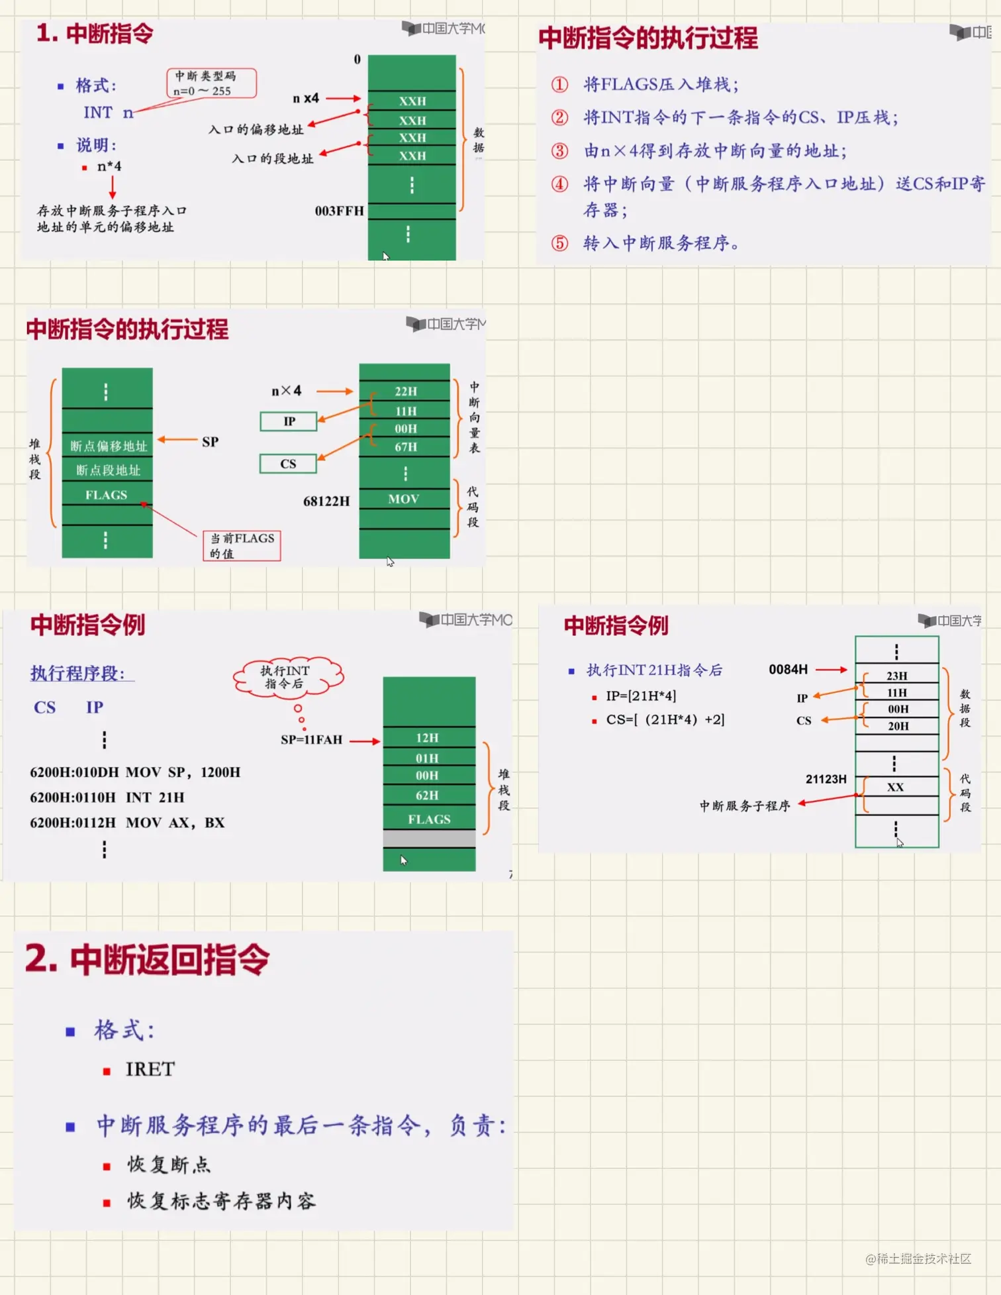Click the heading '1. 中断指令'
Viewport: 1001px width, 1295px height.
(95, 33)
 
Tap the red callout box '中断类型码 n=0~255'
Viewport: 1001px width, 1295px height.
(211, 83)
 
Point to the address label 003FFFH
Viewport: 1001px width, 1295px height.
(339, 211)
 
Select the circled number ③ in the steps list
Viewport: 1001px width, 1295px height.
(559, 151)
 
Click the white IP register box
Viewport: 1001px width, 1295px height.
(289, 421)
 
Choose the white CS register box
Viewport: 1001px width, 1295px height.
(288, 464)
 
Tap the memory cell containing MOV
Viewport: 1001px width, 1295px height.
(404, 499)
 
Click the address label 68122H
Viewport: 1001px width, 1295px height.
(326, 501)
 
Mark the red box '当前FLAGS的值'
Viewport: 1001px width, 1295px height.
(242, 546)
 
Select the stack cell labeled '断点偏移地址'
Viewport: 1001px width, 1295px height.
(108, 446)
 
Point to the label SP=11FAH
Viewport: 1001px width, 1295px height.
(311, 740)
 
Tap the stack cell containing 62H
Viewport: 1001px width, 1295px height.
(428, 796)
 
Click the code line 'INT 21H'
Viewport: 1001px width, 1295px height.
(155, 798)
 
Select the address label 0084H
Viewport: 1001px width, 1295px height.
(788, 670)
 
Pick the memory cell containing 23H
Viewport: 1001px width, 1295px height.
(897, 676)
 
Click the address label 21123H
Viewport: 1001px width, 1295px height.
(826, 779)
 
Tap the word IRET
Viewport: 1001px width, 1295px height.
(150, 1070)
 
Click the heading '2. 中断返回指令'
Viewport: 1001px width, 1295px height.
(147, 960)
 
